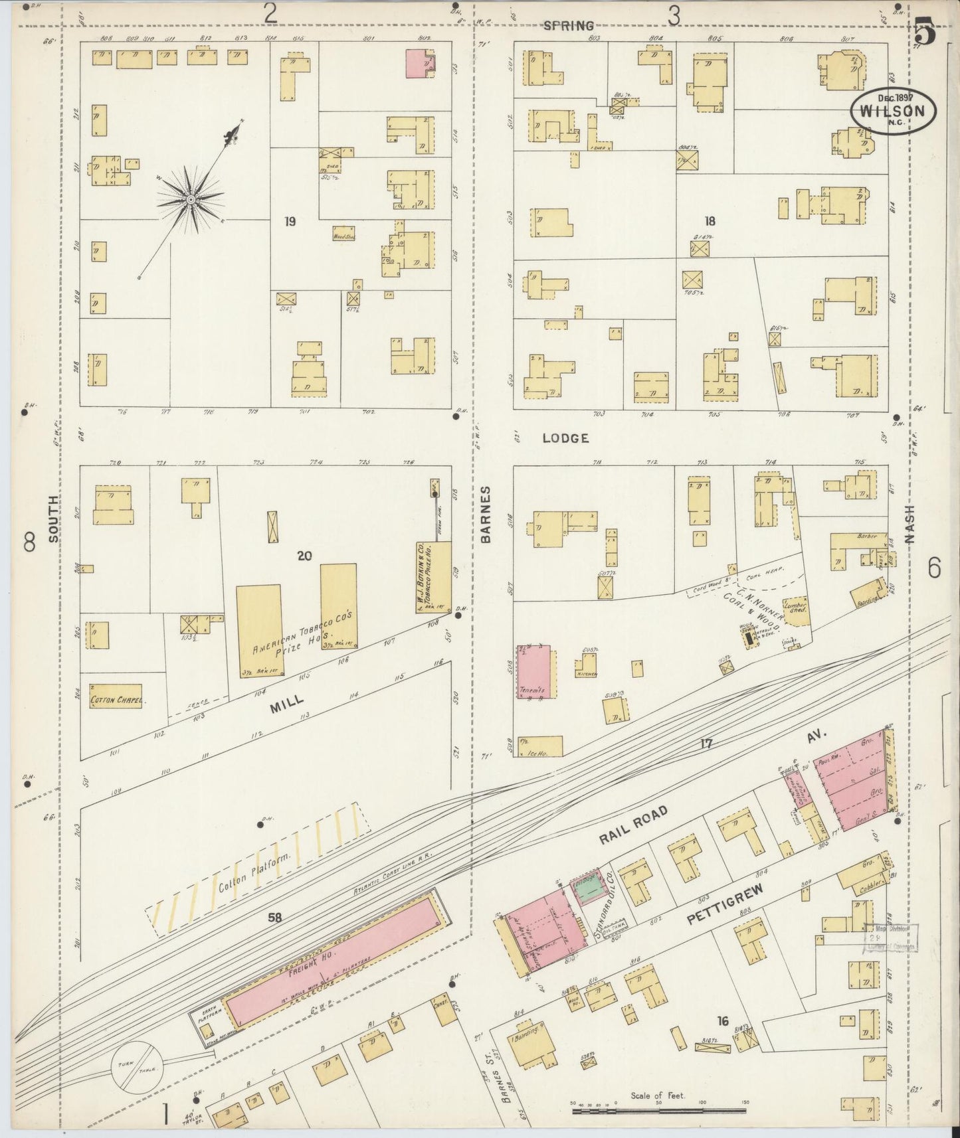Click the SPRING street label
[x=568, y=26]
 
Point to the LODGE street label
[x=565, y=438]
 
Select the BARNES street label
[x=486, y=515]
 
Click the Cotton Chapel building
[x=116, y=699]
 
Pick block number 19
[x=290, y=221]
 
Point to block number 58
[x=274, y=918]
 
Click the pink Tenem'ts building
[x=537, y=671]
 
